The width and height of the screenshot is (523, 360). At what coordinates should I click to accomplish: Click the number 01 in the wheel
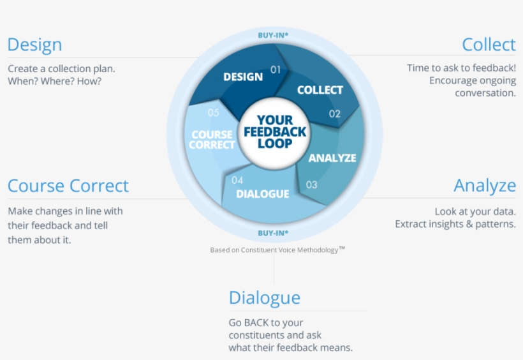pos(276,70)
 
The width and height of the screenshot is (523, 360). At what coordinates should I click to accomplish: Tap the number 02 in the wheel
pos(335,114)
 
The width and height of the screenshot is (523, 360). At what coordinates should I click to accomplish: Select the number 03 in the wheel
pos(311,184)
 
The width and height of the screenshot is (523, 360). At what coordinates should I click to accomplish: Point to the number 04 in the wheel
pos(237,181)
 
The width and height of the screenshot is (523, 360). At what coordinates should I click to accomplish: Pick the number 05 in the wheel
pos(214,112)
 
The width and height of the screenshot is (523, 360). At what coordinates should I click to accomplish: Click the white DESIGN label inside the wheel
pos(243,77)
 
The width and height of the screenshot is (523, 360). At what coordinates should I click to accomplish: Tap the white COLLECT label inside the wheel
pos(320,90)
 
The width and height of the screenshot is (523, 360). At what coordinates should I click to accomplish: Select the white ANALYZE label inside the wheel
pos(332,158)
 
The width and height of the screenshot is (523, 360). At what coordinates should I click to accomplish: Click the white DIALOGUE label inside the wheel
pos(263,194)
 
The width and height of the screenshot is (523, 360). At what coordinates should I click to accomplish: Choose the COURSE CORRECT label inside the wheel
pos(212,140)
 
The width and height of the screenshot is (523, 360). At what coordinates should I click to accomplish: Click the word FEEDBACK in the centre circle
pos(275,132)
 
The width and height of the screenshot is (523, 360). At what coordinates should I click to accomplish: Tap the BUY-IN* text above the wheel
pos(273,35)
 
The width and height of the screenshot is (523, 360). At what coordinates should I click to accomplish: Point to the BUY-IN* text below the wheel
pos(273,233)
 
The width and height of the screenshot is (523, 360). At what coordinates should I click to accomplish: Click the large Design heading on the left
pos(34,45)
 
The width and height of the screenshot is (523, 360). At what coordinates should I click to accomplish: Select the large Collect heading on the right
pos(489,45)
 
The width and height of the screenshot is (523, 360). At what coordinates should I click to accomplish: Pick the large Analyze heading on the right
pos(485,186)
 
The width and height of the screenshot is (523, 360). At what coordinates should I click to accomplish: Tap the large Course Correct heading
pos(68,186)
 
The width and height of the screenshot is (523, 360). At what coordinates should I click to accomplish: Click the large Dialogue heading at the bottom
pos(265,298)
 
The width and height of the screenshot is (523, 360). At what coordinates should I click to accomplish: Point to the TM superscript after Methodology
pos(342,248)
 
